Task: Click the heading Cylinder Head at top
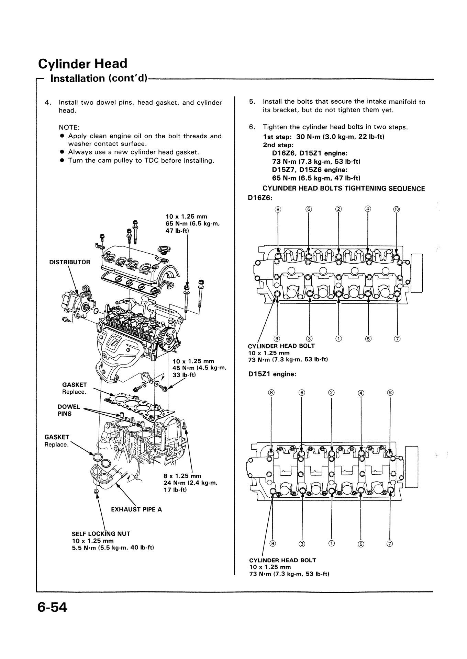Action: [82, 63]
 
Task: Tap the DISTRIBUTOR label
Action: [70, 262]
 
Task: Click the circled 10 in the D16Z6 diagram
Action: [397, 209]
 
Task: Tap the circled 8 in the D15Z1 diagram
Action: [271, 393]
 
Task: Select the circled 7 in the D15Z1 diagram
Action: [390, 544]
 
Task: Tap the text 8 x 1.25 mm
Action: [182, 476]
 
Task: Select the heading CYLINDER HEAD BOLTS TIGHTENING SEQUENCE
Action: [344, 189]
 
